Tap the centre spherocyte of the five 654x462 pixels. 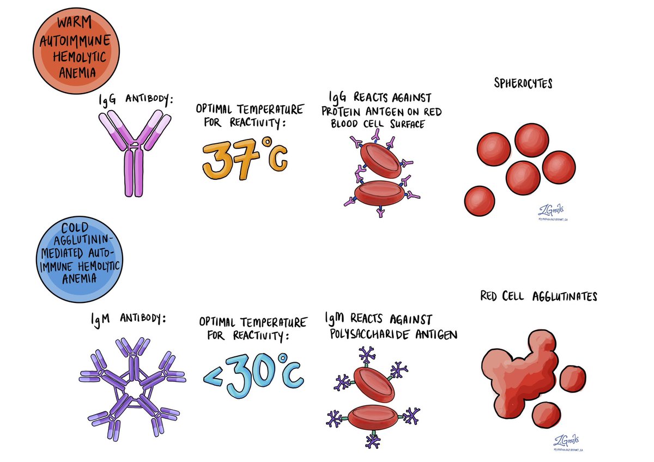(x=523, y=177)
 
